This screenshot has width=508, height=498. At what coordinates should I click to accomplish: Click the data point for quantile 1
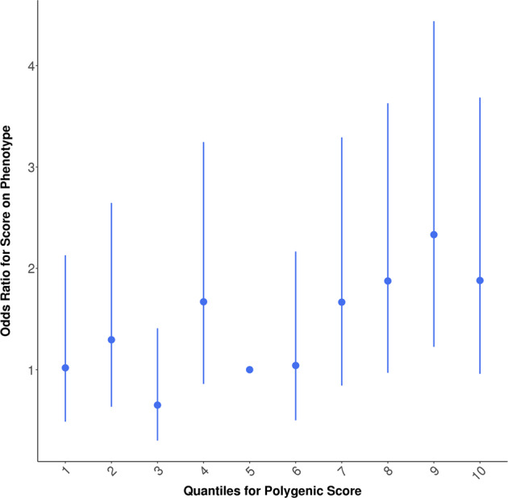(65, 367)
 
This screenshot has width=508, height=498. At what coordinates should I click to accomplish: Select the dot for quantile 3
(157, 405)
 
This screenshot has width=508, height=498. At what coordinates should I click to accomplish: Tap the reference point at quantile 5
(250, 370)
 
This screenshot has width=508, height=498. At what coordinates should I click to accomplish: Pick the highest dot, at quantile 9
(434, 234)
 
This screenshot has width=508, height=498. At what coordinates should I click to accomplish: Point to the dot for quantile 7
(342, 302)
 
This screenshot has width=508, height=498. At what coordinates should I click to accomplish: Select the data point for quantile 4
(203, 301)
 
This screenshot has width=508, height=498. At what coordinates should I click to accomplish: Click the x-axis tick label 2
(112, 471)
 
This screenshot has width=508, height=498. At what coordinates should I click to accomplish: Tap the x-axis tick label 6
(296, 471)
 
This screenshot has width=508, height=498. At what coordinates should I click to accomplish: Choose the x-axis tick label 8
(388, 471)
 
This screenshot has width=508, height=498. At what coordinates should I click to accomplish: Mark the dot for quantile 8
(388, 280)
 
